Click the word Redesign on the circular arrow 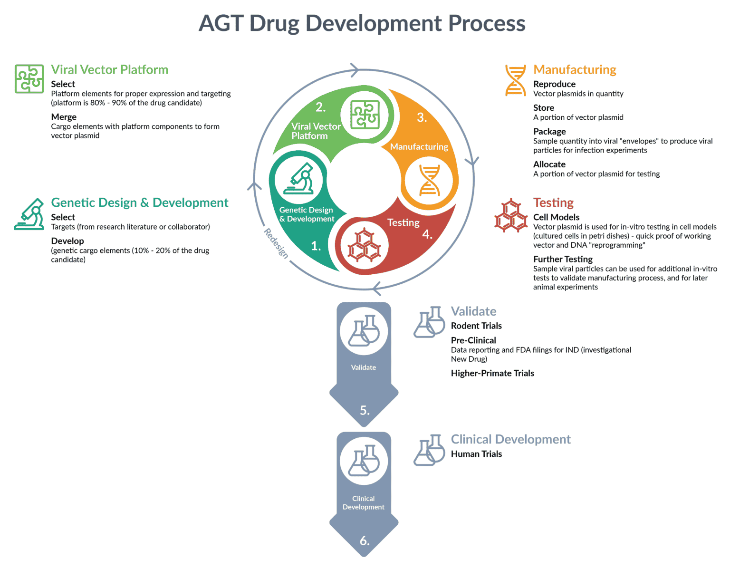click(x=276, y=243)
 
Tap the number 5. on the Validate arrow click(x=365, y=410)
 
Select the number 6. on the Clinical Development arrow click(x=365, y=540)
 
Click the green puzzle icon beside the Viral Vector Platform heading click(x=29, y=79)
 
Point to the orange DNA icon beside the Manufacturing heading click(x=516, y=80)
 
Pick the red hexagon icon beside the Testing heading click(x=511, y=215)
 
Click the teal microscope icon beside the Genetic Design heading click(x=29, y=214)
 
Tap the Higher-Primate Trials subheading click(x=492, y=373)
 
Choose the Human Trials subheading click(x=476, y=454)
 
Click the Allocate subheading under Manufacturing click(x=549, y=164)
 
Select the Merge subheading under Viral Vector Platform click(x=64, y=117)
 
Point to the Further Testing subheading click(x=563, y=259)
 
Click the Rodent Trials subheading click(x=476, y=326)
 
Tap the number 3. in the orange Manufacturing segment click(x=422, y=117)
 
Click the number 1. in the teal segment click(x=316, y=246)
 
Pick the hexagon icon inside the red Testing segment click(x=364, y=246)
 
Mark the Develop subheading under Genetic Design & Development click(x=67, y=241)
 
